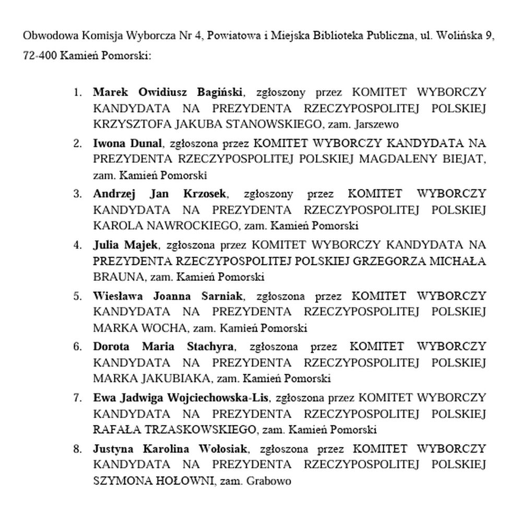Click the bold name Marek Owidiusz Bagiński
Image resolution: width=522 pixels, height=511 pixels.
(168, 92)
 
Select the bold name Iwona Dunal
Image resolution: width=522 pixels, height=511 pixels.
(127, 143)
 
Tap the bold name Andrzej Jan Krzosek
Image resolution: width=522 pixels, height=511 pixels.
(160, 194)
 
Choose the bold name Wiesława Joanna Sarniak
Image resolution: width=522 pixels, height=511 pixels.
(168, 296)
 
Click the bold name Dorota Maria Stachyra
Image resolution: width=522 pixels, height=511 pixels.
(164, 347)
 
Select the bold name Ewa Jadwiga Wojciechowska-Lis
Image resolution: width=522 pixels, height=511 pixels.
(181, 398)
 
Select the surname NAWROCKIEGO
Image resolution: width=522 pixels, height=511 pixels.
(188, 226)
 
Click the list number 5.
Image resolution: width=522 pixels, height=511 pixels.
(77, 296)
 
